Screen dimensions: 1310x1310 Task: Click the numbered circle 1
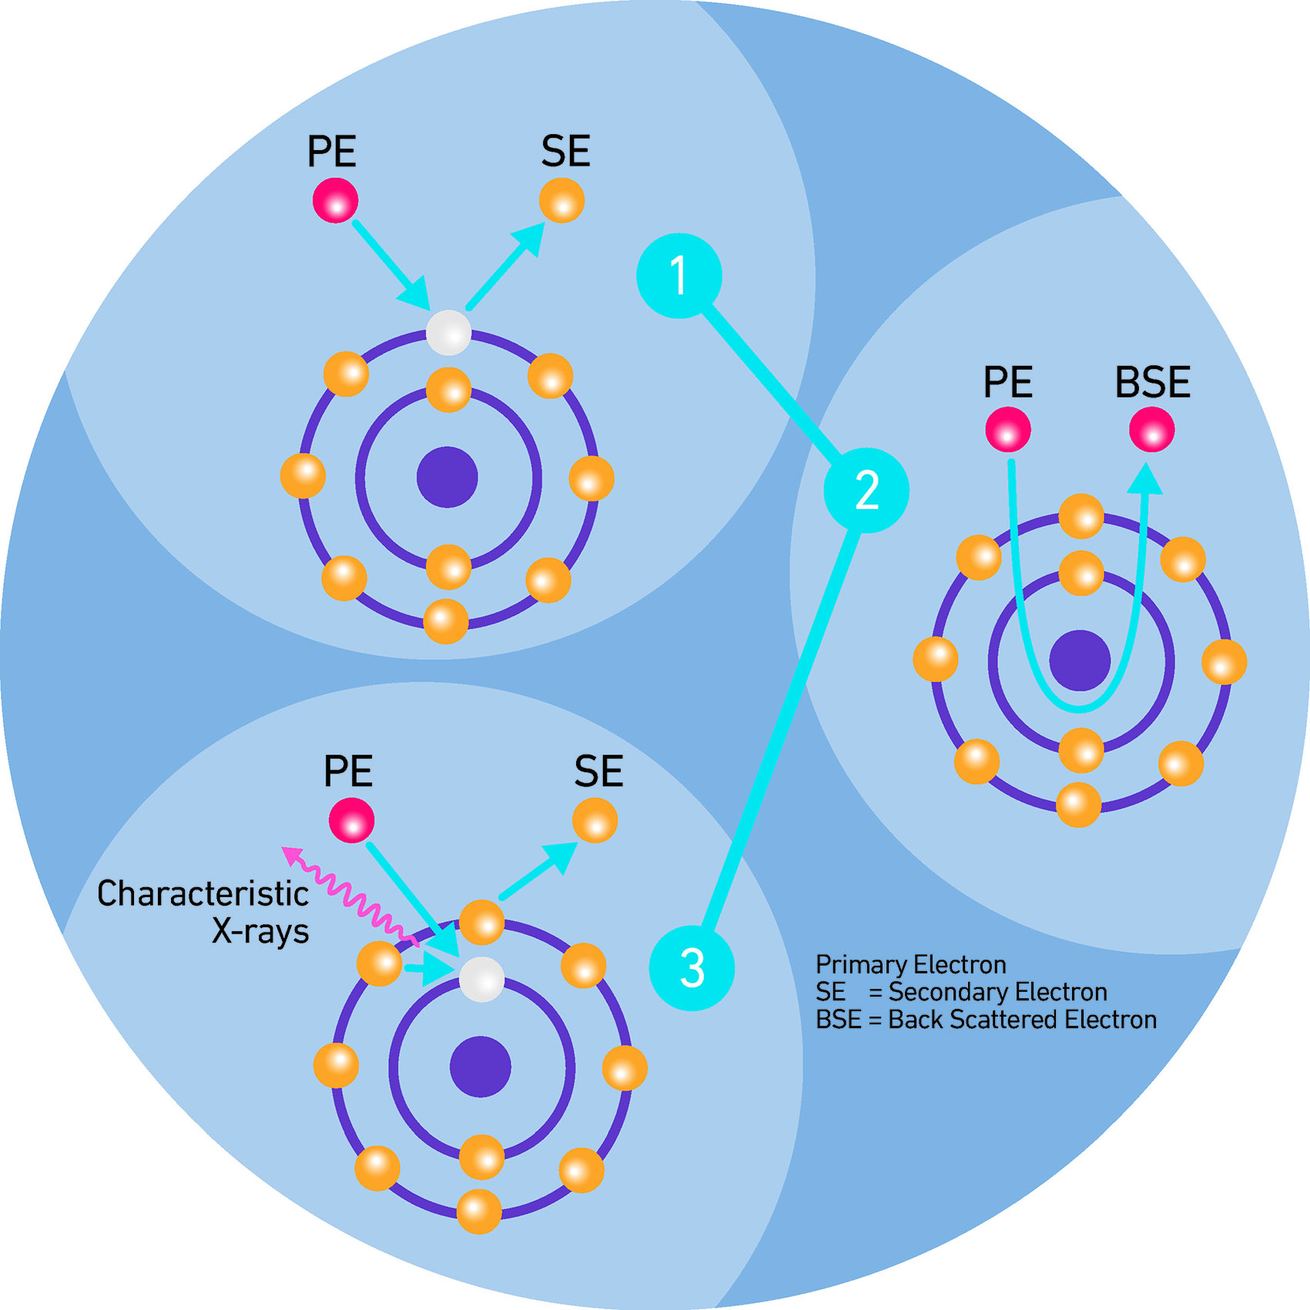(x=678, y=276)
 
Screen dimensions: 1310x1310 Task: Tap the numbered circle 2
(x=866, y=490)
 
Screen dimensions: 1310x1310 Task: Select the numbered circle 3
(x=692, y=967)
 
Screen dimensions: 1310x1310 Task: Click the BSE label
(x=1152, y=383)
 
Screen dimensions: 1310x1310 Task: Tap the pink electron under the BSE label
(x=1151, y=430)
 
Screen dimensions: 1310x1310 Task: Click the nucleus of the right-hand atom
(x=1080, y=661)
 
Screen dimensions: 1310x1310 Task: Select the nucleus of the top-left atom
(x=447, y=477)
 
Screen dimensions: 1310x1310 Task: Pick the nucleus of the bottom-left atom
(x=481, y=1067)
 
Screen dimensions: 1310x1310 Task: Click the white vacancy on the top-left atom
(x=448, y=333)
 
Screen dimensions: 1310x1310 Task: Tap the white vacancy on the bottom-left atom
(x=481, y=980)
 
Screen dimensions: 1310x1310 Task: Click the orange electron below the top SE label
(x=561, y=200)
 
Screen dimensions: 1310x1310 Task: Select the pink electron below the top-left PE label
(x=335, y=200)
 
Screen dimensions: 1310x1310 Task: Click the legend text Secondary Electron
(x=997, y=992)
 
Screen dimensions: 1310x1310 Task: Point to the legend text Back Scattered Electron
(x=1022, y=1020)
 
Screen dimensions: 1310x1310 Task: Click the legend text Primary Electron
(x=910, y=964)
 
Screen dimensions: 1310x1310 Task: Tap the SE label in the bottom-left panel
(x=598, y=772)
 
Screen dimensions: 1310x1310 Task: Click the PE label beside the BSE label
(x=1007, y=383)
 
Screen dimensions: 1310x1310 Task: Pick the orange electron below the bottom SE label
(x=595, y=820)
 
